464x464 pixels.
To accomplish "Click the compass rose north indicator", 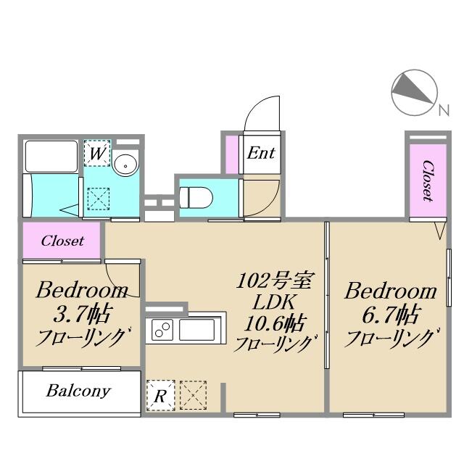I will [x=415, y=93].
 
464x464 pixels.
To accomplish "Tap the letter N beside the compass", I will [x=443, y=111].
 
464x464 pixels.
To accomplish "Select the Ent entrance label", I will [x=261, y=153].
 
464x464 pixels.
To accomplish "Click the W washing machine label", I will [x=97, y=154].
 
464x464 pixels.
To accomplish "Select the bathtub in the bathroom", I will [x=51, y=156].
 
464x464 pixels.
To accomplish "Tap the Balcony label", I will [x=78, y=391].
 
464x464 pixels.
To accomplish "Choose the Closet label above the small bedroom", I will [x=62, y=241].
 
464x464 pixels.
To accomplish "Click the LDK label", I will [x=273, y=301].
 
